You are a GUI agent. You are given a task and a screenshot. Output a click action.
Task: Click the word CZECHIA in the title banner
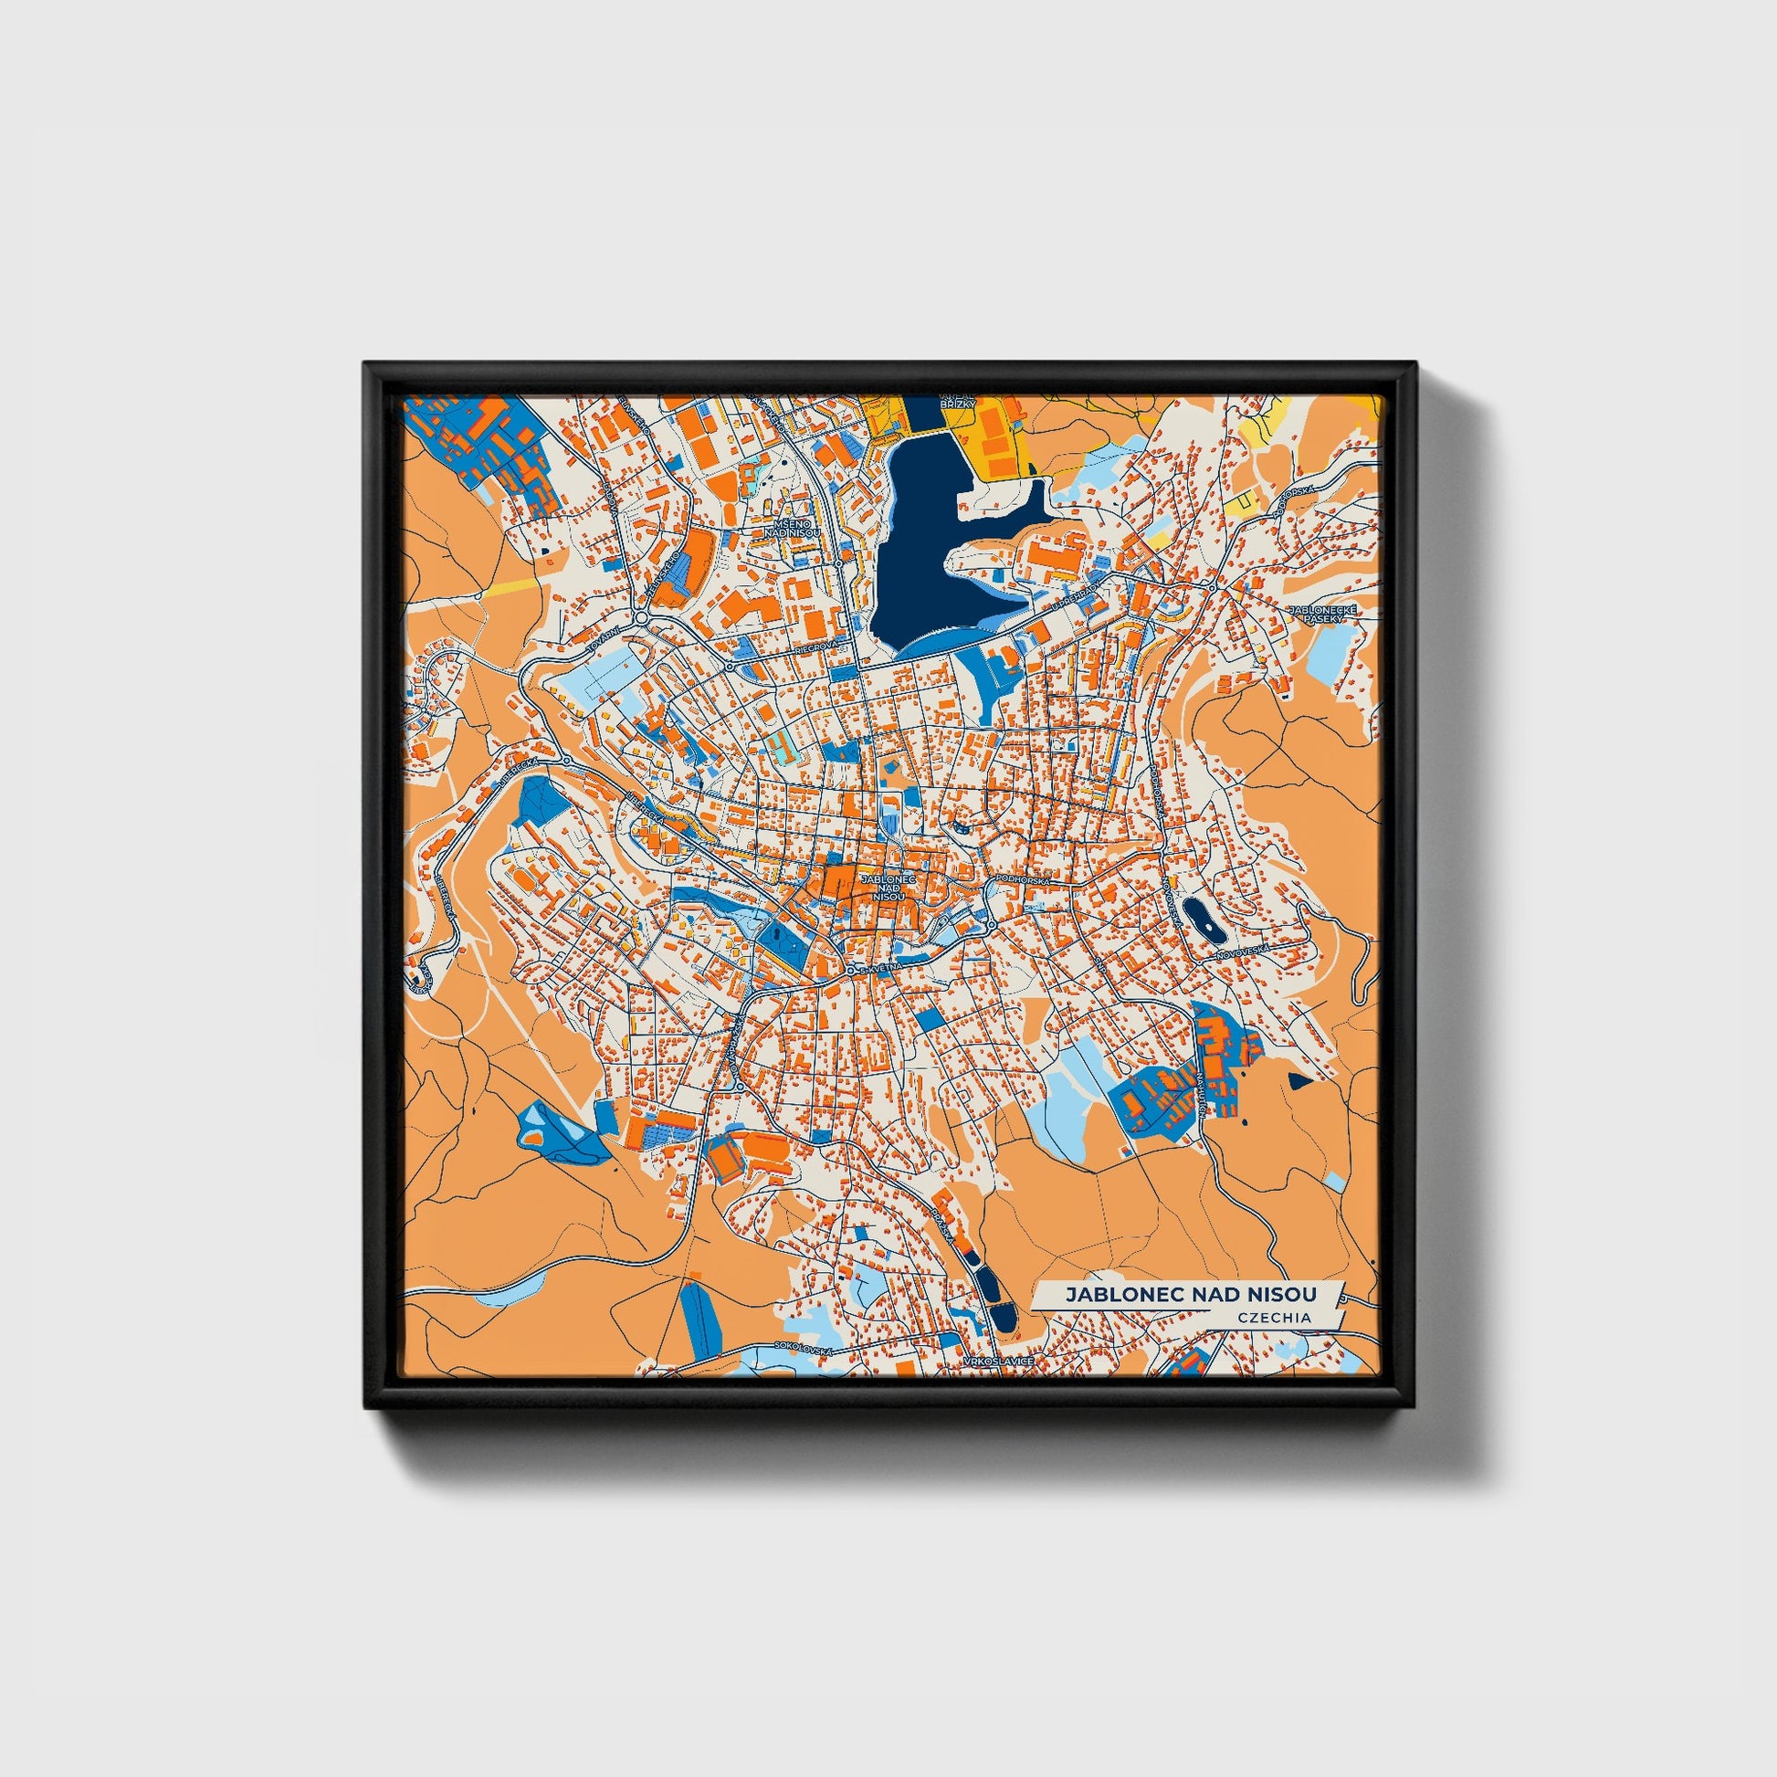pos(1276,1316)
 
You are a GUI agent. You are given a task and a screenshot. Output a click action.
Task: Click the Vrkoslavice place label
pos(999,1360)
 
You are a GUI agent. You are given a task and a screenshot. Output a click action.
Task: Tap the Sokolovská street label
pos(803,1348)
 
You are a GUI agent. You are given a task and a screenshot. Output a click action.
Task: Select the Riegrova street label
pos(815,647)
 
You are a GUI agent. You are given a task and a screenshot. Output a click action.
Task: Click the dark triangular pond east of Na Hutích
pos(1298,1082)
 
